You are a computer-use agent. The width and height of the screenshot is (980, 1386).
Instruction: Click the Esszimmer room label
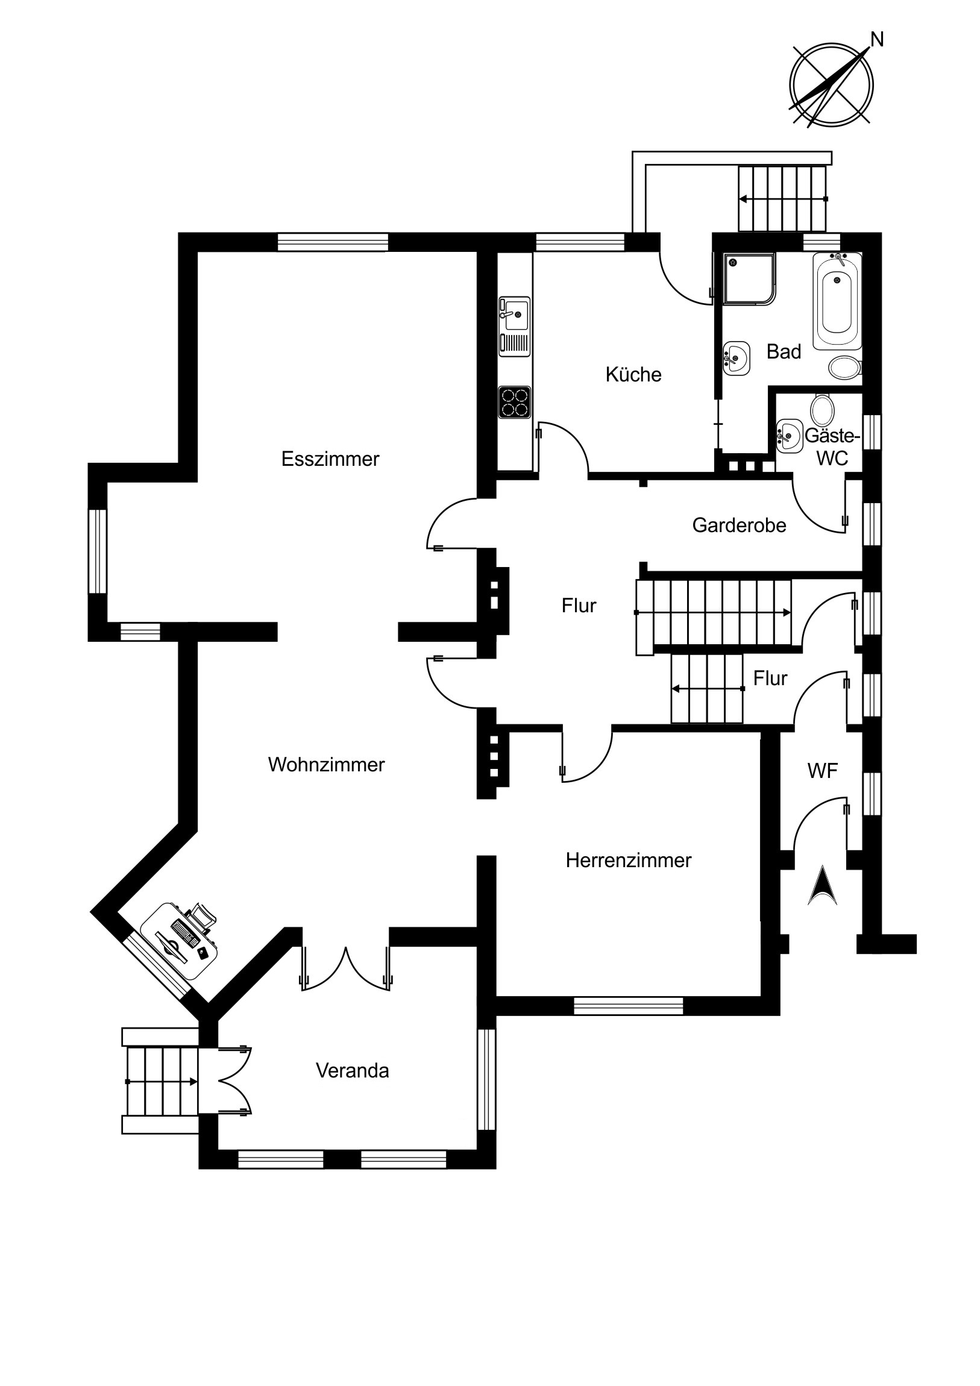(x=330, y=459)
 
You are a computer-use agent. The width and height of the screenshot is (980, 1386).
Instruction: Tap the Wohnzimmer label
(x=327, y=765)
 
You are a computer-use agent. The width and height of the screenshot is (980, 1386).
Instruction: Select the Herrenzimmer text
(x=629, y=860)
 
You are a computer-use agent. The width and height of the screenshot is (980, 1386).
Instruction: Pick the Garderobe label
(x=739, y=525)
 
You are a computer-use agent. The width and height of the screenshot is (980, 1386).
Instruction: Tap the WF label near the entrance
(x=823, y=771)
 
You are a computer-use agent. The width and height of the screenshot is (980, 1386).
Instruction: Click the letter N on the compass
(x=877, y=40)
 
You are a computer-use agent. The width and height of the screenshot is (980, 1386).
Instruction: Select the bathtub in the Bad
(x=837, y=302)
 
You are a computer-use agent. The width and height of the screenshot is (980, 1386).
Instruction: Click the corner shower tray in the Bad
(x=750, y=278)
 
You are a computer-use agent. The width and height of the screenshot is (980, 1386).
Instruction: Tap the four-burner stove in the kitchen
(x=515, y=402)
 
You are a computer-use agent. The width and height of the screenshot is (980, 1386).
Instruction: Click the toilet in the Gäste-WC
(x=822, y=410)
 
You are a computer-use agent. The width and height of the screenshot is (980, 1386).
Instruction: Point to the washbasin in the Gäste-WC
(x=789, y=436)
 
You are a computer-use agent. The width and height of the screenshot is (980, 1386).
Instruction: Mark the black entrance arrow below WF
(x=823, y=886)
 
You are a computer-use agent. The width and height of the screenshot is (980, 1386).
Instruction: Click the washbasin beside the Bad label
(x=737, y=358)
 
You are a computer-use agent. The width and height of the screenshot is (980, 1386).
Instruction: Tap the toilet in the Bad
(x=846, y=367)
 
